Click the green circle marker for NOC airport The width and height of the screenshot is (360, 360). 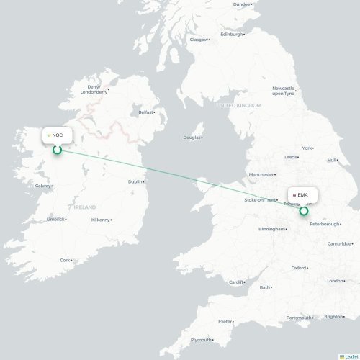pyautogui.click(x=56, y=150)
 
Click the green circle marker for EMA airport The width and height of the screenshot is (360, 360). pyautogui.click(x=303, y=211)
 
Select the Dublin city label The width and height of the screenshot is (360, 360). pyautogui.click(x=135, y=181)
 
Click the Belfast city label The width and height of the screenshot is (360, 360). pyautogui.click(x=146, y=112)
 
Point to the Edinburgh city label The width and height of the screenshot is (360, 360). pyautogui.click(x=231, y=34)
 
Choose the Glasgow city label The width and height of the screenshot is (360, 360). pyautogui.click(x=198, y=40)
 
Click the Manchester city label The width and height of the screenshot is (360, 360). pyautogui.click(x=261, y=174)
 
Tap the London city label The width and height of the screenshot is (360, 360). pyautogui.click(x=336, y=281)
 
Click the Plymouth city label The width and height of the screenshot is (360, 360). pyautogui.click(x=201, y=340)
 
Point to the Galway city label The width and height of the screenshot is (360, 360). pyautogui.click(x=42, y=185)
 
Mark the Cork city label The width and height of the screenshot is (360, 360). pyautogui.click(x=66, y=260)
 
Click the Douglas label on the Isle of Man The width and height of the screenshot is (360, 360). pyautogui.click(x=192, y=137)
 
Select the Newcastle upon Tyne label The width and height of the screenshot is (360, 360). pyautogui.click(x=282, y=89)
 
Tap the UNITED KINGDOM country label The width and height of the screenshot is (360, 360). pyautogui.click(x=240, y=105)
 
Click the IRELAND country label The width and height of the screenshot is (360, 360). pyautogui.click(x=84, y=207)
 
